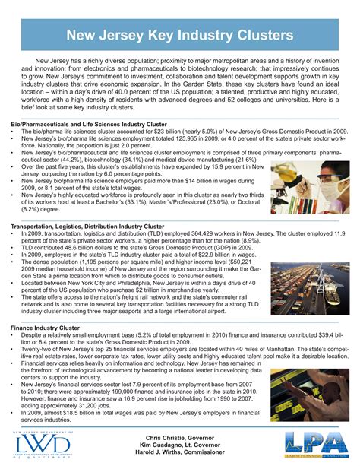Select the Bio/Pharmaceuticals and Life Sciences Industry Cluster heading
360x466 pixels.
pyautogui.click(x=89, y=122)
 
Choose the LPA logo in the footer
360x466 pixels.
pyautogui.click(x=316, y=443)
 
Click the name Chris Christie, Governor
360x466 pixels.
pyautogui.click(x=181, y=439)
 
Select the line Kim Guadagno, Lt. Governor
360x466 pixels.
pyautogui.click(x=181, y=447)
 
